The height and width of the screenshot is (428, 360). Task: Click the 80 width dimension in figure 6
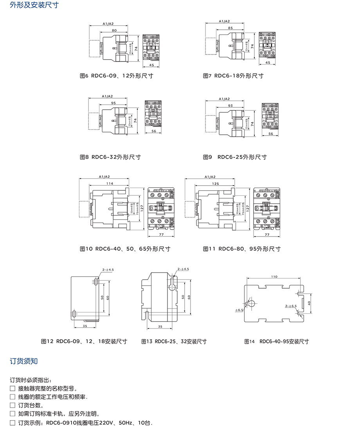(114, 30)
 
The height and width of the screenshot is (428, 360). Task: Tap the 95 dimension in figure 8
(113, 103)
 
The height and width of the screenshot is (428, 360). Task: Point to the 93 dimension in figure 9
(230, 106)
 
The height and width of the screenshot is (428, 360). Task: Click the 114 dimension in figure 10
(110, 183)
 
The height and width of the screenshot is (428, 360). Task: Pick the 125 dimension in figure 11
(215, 183)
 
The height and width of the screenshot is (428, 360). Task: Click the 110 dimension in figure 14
(273, 276)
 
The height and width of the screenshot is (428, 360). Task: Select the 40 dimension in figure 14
(309, 303)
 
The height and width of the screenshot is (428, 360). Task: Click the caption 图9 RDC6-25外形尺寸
(235, 157)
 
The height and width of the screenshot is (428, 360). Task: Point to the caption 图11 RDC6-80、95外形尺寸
(241, 249)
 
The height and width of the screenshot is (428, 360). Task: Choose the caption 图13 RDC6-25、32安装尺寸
(174, 341)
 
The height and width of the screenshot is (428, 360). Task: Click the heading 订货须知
(23, 361)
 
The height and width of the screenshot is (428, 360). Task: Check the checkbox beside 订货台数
(13, 405)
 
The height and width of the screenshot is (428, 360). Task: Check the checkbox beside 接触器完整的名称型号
(13, 388)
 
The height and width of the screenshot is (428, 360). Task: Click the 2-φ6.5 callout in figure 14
(292, 306)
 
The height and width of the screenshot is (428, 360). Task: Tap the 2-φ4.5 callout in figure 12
(108, 270)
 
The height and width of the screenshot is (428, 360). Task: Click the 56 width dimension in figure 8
(154, 131)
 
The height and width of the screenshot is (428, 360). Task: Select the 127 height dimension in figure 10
(142, 209)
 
